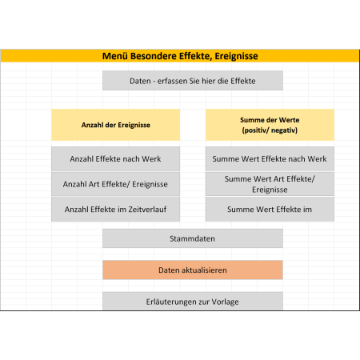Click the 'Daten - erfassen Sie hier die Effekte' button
[x=193, y=81]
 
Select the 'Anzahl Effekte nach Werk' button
[x=115, y=158]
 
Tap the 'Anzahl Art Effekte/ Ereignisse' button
[x=115, y=184]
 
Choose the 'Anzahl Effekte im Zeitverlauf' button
[x=115, y=210]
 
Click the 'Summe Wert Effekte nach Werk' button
[x=270, y=158]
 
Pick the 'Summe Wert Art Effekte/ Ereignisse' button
[x=270, y=184]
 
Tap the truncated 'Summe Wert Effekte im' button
[x=270, y=210]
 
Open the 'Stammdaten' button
[x=193, y=238]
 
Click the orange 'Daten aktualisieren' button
[x=193, y=270]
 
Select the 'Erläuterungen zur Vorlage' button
[x=193, y=302]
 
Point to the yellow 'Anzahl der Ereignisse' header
[x=115, y=125]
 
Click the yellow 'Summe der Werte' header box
[x=270, y=125]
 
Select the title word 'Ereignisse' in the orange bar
[x=236, y=56]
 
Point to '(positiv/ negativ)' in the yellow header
[x=270, y=130]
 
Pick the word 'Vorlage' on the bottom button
[x=225, y=302]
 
